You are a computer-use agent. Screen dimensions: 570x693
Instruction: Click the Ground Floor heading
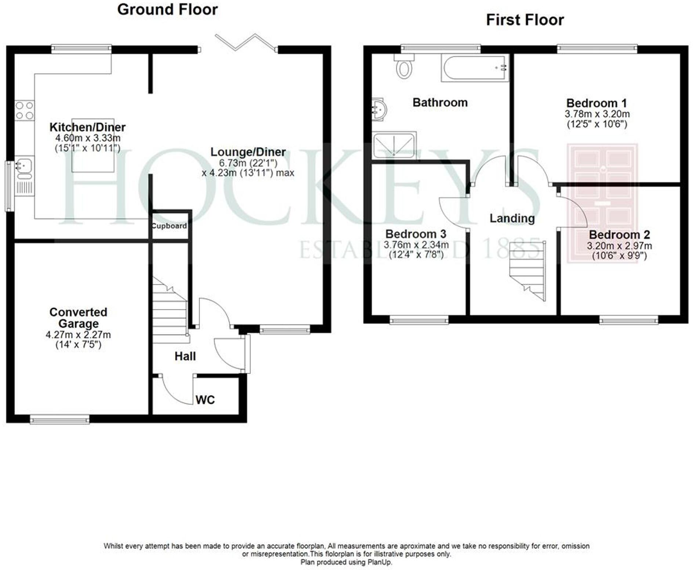coord(167,10)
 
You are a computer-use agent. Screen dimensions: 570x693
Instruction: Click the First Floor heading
coord(525,20)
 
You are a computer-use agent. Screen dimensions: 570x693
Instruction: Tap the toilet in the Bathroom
coord(404,67)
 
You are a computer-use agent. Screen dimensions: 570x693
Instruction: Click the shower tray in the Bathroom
coord(394,145)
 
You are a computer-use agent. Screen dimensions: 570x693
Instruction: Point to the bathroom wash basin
coord(378,109)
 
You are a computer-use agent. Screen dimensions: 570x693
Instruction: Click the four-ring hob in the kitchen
coord(25,110)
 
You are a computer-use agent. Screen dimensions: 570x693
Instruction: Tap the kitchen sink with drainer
coord(24,176)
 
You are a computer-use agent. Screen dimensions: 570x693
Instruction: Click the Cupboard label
coord(169,226)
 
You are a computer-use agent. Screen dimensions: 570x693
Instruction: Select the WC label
coord(205,400)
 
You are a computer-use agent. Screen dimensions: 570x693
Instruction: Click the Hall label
coord(185,356)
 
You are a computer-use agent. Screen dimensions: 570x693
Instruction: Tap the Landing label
coord(512,218)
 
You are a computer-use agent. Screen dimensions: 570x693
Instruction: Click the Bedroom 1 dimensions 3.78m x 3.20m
coord(597,114)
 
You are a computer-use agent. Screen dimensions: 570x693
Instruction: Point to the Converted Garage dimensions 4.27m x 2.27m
coord(78,335)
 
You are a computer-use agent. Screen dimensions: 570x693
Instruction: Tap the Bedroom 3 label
coord(416,234)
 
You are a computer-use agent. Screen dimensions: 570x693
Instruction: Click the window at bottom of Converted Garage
coord(59,420)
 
